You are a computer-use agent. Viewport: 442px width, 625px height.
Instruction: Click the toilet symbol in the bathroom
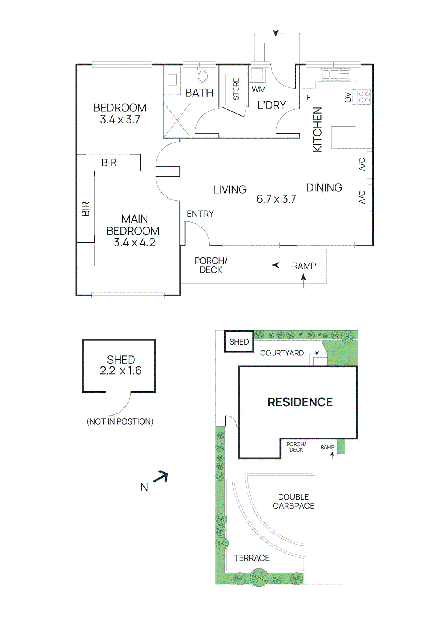[x=202, y=75]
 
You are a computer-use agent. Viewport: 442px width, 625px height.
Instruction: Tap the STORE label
[x=236, y=89]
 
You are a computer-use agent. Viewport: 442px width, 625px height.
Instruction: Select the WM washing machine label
[x=259, y=89]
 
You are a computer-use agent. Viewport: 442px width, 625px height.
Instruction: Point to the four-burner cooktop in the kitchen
[x=364, y=97]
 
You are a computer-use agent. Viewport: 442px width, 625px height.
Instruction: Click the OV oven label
[x=348, y=97]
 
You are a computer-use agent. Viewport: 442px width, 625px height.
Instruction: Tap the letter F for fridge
[x=309, y=98]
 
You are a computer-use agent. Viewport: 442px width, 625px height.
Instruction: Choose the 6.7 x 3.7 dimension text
[x=276, y=199]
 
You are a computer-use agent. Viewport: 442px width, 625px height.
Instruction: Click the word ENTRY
[x=200, y=214]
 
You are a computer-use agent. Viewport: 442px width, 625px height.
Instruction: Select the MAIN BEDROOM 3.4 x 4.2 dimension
[x=134, y=243]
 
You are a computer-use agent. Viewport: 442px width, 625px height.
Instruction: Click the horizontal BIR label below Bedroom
[x=109, y=162]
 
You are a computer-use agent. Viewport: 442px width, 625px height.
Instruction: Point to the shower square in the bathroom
[x=177, y=120]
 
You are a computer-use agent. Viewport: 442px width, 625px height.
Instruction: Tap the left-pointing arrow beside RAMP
[x=280, y=265]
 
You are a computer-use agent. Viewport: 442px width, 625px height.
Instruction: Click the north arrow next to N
[x=161, y=477]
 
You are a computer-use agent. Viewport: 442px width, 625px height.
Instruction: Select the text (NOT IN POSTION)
[x=120, y=421]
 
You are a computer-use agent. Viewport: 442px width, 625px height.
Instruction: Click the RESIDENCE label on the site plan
[x=300, y=402]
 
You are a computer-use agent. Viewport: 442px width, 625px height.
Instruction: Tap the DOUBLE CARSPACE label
[x=293, y=501]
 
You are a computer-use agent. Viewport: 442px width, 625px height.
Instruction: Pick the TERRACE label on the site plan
[x=252, y=558]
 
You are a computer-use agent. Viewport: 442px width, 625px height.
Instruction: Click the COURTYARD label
[x=282, y=353]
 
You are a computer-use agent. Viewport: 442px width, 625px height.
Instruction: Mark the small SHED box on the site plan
[x=239, y=342]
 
